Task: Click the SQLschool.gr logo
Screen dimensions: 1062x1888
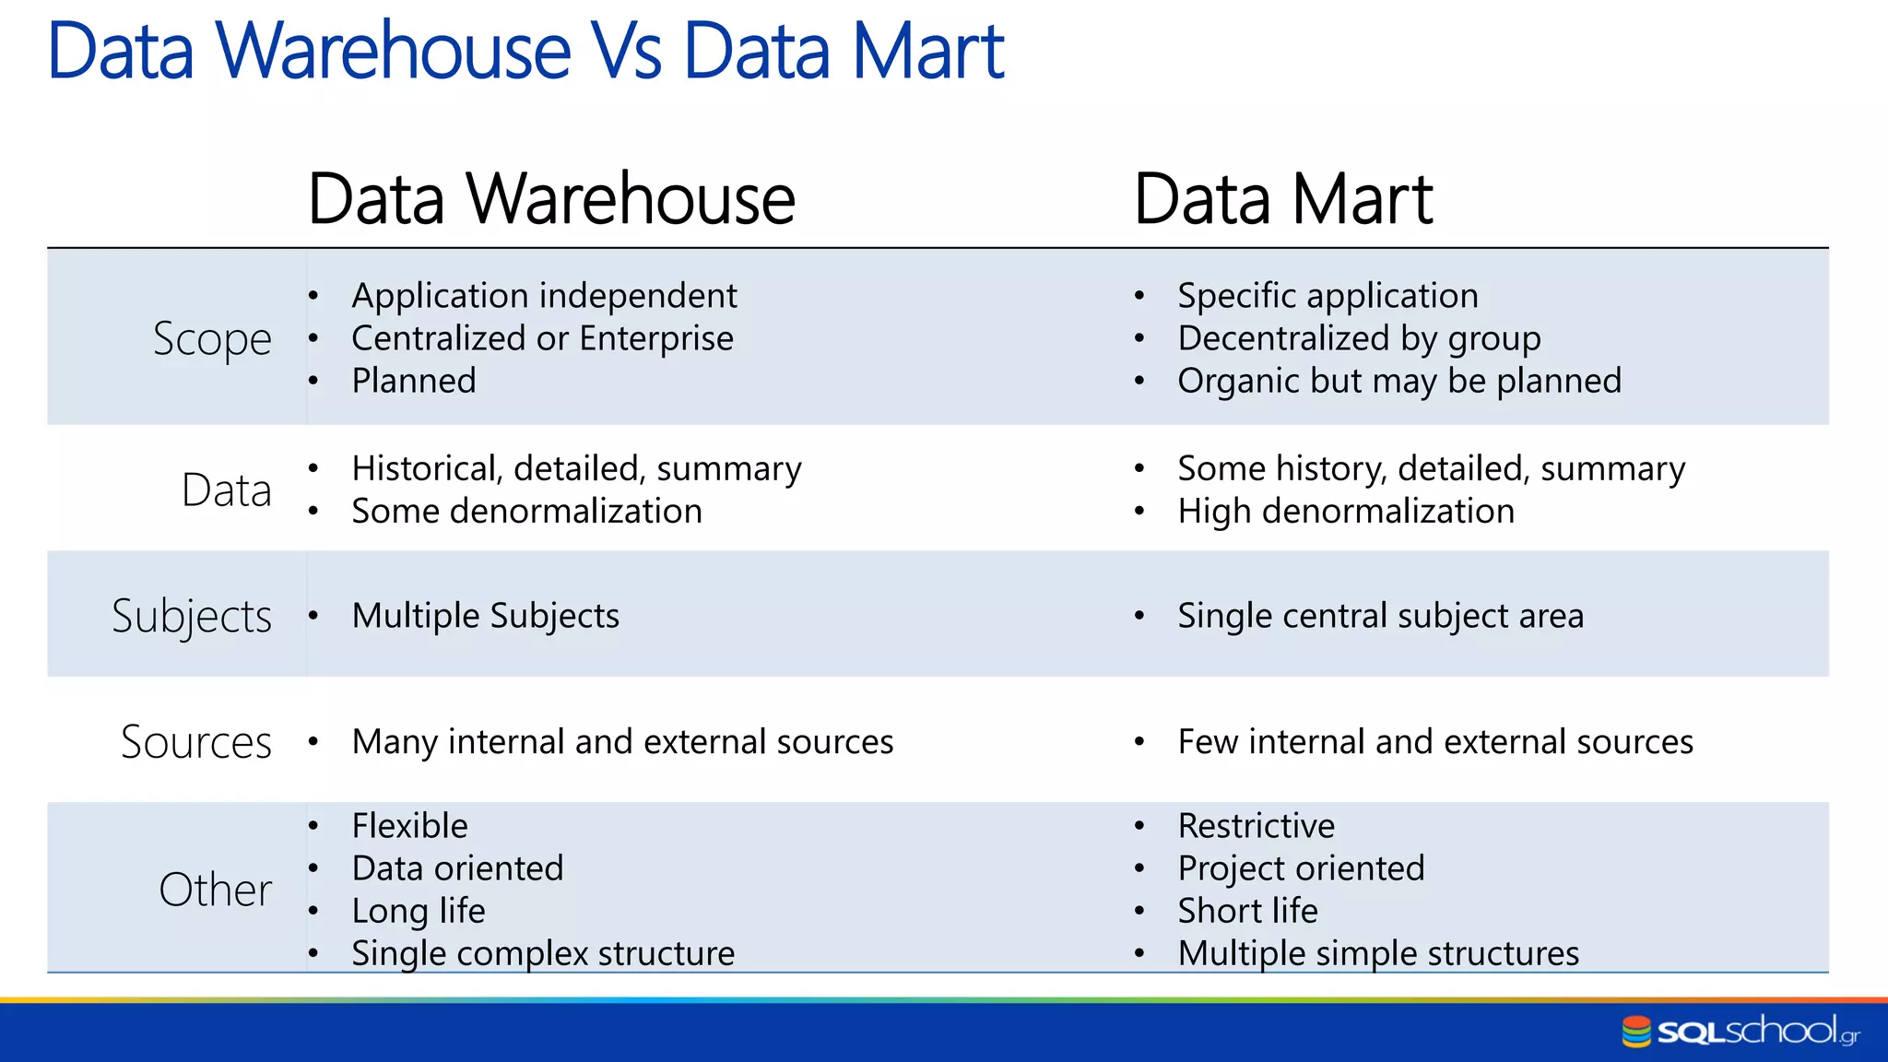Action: click(1740, 1031)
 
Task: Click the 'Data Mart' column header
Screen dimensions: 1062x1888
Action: click(1282, 199)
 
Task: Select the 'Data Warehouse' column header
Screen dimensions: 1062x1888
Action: click(550, 199)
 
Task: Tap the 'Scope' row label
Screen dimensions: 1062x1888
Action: click(212, 339)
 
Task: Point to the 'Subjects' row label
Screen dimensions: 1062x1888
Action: click(192, 616)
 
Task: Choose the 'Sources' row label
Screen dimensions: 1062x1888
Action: click(196, 742)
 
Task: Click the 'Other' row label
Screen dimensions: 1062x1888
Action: click(215, 890)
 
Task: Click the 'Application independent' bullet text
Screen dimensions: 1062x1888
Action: click(544, 296)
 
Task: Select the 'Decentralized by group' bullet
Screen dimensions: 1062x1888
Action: click(1359, 338)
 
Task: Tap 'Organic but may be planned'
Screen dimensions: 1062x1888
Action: click(1398, 381)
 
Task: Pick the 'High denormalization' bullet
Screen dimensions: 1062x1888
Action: click(1345, 512)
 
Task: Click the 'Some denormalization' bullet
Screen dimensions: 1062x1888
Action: click(526, 512)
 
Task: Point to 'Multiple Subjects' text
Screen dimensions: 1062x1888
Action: click(485, 616)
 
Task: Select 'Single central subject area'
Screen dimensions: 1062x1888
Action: click(1380, 616)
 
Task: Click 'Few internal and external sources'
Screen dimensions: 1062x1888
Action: click(1434, 742)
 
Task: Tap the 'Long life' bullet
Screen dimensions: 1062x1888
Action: click(418, 911)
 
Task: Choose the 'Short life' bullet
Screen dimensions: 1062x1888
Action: click(1247, 911)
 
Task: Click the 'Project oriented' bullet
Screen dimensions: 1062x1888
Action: click(1301, 868)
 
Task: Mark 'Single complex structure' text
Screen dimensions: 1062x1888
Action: click(543, 953)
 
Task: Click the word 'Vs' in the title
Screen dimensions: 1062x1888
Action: click(626, 52)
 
